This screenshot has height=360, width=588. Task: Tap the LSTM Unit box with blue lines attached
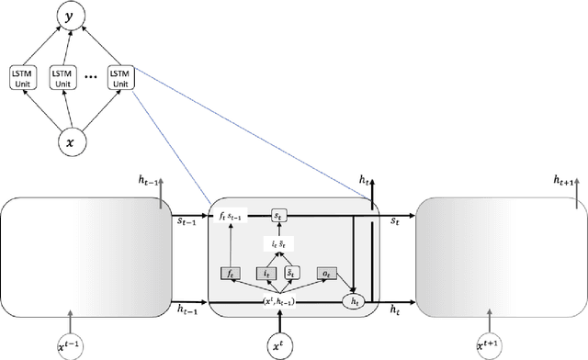(119, 76)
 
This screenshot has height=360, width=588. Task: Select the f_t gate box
(231, 274)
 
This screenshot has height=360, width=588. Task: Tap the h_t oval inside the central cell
(353, 299)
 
